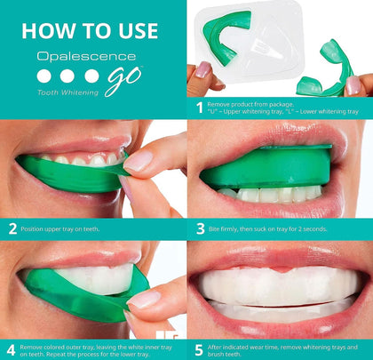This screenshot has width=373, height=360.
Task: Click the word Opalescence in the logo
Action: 86,56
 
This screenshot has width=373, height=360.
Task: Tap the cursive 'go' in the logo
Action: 123,80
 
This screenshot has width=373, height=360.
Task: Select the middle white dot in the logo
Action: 67,76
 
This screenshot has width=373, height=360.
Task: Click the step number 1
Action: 200,108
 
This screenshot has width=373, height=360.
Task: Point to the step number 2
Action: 12,228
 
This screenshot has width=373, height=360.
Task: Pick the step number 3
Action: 201,228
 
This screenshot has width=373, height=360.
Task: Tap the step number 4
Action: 11,350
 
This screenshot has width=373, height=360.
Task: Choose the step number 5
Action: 199,350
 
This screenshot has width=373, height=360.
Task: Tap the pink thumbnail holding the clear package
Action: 203,70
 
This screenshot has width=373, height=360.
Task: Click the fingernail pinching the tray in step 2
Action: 139,163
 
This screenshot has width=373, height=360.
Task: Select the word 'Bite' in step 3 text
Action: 214,229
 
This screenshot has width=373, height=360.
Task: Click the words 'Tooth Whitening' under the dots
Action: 67,92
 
